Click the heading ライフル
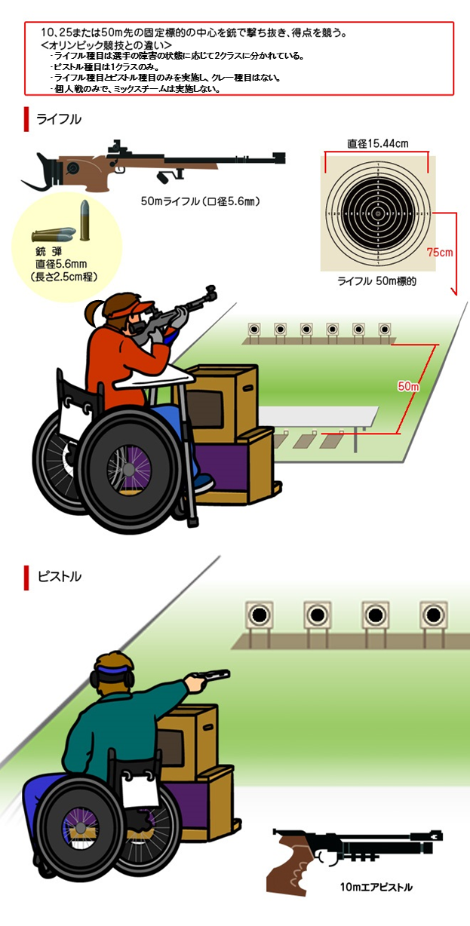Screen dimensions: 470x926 pos(59,119)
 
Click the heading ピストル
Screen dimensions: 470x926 pos(59,576)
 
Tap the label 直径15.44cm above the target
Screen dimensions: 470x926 pos(377,143)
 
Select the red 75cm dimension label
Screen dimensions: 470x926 pos(440,252)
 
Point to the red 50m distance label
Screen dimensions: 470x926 pos(408,386)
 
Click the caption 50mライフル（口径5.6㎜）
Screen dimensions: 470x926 pos(200,201)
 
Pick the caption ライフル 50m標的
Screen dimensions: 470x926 pos(376,281)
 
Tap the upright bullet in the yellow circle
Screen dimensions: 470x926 pos(84,220)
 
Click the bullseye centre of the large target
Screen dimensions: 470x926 pos(378,213)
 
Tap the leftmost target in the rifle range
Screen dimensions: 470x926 pos(254,330)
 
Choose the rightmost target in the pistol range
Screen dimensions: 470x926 pos(433,615)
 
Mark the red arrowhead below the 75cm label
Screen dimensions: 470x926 pos(454,292)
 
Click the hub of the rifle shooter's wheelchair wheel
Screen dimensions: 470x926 pos(128,469)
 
